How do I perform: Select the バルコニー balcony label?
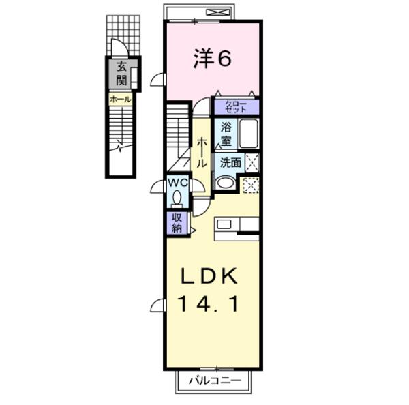click(214, 379)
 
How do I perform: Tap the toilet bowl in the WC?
click(177, 198)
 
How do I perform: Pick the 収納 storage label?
click(177, 222)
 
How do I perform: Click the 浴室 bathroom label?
click(226, 134)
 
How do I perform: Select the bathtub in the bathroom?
click(247, 134)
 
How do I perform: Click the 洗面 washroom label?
click(229, 162)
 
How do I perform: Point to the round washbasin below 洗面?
click(224, 183)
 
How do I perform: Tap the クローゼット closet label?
click(237, 106)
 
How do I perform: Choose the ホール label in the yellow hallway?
click(202, 153)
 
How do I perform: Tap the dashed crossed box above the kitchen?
click(250, 185)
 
